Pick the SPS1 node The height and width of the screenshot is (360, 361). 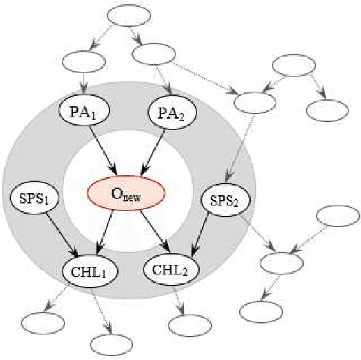click(33, 200)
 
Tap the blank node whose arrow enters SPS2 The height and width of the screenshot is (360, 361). click(254, 101)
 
